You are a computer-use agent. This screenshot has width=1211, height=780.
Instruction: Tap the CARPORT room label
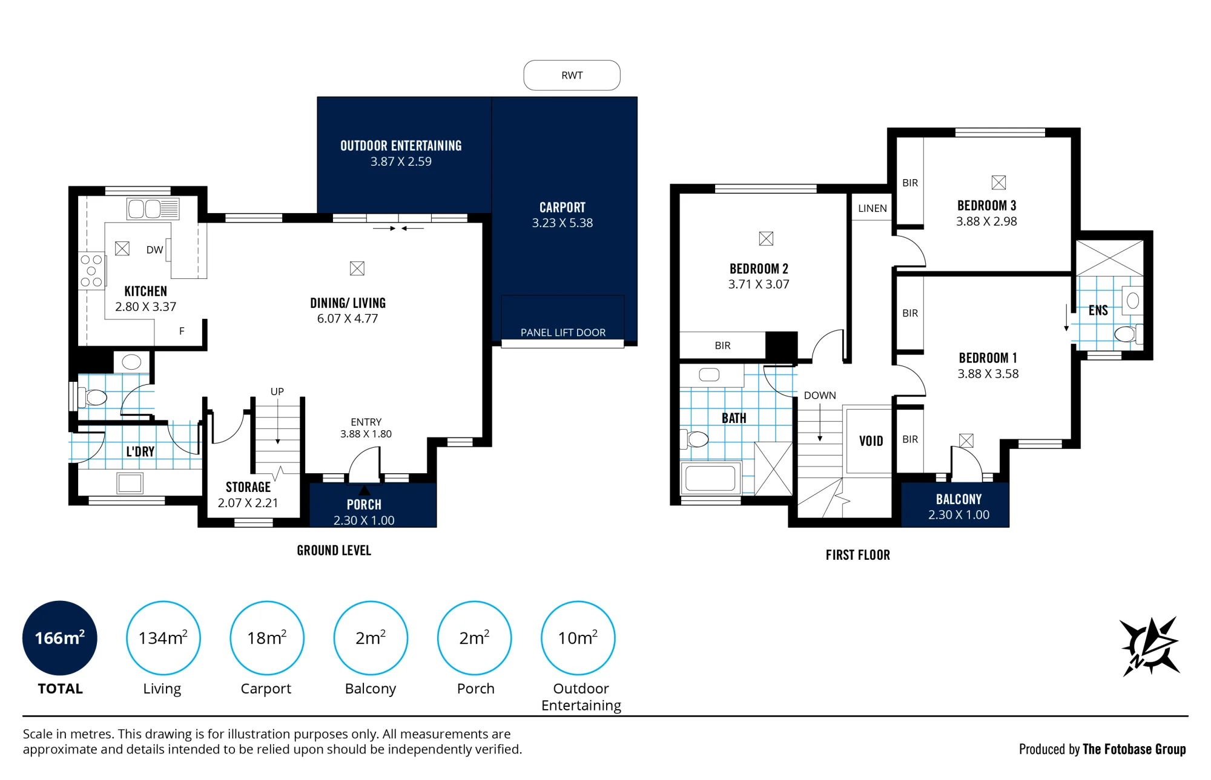point(563,208)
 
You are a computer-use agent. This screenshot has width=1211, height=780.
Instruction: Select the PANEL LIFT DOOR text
point(563,332)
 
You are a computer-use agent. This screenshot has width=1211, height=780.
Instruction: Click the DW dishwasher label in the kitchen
point(154,250)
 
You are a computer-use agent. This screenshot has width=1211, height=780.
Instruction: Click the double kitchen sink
point(153,209)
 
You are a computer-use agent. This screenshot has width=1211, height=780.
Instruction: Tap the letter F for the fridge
point(182,331)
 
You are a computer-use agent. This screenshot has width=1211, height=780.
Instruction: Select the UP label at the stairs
point(277,392)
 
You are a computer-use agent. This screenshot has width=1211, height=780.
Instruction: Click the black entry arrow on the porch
point(364,490)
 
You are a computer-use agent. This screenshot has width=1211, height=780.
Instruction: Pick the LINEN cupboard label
point(873,208)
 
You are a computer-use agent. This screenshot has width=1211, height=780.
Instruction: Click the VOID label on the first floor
point(871,441)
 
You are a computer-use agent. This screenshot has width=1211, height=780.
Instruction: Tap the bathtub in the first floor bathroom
point(711,478)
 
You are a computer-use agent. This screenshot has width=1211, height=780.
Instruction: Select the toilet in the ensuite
point(1127,333)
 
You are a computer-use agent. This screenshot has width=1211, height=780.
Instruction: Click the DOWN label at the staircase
point(820,395)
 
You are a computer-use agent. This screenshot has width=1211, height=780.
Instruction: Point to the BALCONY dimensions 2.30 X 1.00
point(959,515)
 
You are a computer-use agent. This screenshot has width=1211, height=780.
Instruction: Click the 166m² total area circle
point(60,638)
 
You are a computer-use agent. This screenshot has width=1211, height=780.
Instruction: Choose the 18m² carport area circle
point(267,638)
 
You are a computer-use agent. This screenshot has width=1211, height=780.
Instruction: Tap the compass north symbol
point(1150,646)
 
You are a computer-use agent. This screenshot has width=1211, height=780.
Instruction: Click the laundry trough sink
point(130,483)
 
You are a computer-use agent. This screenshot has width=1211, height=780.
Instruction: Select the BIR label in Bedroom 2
point(722,346)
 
